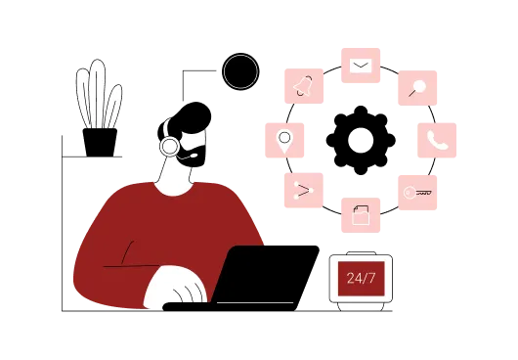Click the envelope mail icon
tap(360, 66)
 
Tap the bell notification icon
tap(304, 86)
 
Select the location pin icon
tap(284, 138)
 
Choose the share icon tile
tap(304, 190)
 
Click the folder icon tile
tap(360, 214)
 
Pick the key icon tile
tap(416, 192)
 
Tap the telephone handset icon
tap(437, 139)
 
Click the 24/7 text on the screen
tap(361, 279)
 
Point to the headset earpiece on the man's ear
tap(170, 147)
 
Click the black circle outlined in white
tap(240, 71)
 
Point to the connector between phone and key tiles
tap(431, 166)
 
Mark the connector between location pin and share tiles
tap(289, 164)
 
